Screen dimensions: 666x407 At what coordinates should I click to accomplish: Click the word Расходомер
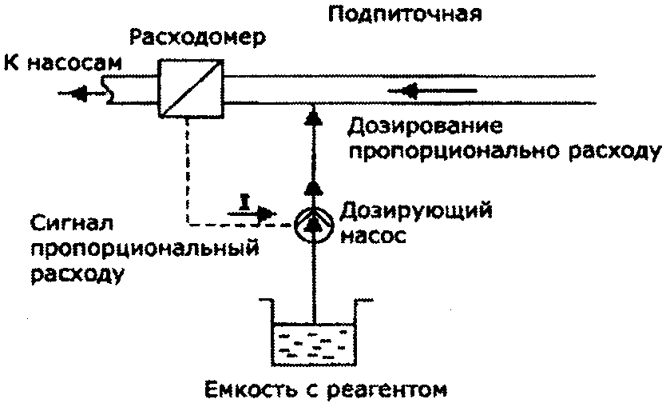(x=197, y=38)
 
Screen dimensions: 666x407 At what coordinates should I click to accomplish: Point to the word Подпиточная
(x=405, y=14)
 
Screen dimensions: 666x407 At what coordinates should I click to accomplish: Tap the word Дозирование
(x=425, y=127)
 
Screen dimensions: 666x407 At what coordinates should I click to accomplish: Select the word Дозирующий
(x=416, y=211)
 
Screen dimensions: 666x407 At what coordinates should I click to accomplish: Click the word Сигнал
(x=72, y=222)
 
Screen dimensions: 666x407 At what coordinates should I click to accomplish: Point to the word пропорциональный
(x=145, y=249)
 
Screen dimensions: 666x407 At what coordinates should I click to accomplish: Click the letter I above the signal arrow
(x=244, y=201)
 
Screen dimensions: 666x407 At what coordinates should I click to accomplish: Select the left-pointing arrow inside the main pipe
(x=432, y=90)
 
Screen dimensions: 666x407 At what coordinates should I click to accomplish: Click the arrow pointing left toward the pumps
(x=84, y=93)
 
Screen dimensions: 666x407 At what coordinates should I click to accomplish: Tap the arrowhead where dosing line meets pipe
(x=313, y=118)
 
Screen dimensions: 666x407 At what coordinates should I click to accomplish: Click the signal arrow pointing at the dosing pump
(x=252, y=213)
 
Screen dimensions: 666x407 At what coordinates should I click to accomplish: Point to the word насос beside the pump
(x=373, y=236)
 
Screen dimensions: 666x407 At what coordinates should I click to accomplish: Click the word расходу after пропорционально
(x=615, y=152)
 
